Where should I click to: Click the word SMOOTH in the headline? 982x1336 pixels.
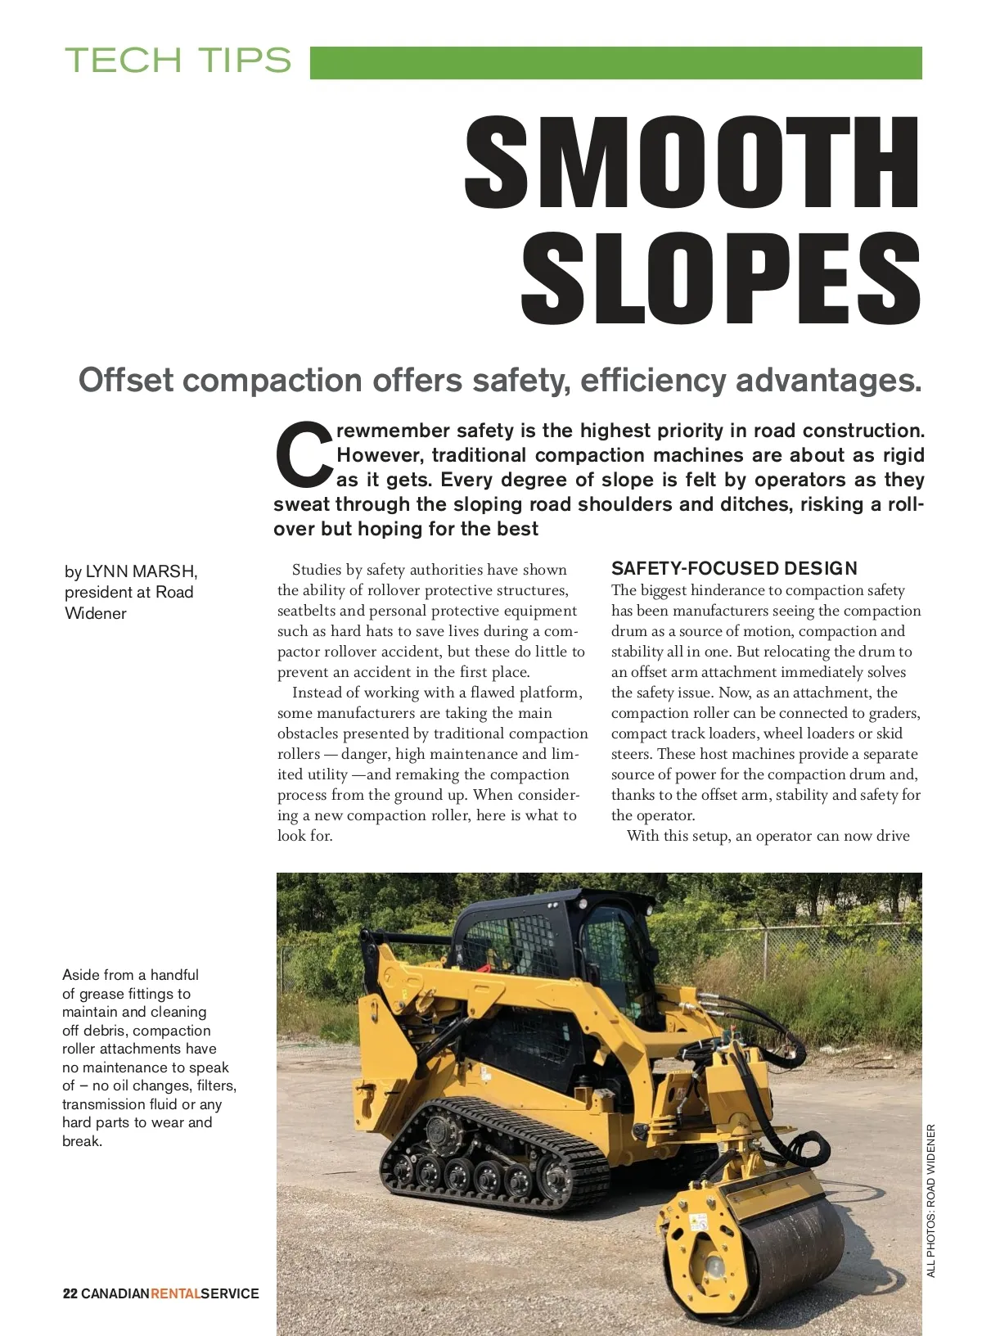point(692,162)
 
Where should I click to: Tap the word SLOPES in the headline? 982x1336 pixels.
point(720,278)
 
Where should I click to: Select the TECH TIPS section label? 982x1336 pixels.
point(178,61)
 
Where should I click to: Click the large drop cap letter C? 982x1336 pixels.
point(303,454)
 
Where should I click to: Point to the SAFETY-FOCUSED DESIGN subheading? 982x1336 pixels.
point(734,568)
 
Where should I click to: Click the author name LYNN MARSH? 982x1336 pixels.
point(141,571)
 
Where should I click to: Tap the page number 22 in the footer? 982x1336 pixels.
point(70,1293)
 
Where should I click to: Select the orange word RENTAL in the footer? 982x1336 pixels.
point(176,1293)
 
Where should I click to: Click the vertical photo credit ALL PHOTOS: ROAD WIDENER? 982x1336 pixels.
point(930,1200)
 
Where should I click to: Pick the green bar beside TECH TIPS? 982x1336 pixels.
point(615,63)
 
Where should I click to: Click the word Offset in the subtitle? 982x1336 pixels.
point(126,381)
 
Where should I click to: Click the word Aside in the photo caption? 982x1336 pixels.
point(80,975)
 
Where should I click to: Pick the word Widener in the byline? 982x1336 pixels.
point(96,613)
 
